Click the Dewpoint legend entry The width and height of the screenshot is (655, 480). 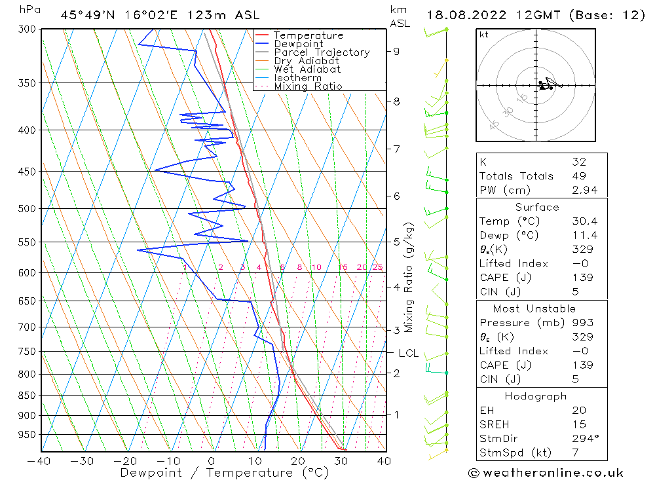pos(299,44)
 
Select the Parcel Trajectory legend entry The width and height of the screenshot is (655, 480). pos(322,52)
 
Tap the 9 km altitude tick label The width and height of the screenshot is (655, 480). pos(396,51)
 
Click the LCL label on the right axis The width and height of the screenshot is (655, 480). pos(408,354)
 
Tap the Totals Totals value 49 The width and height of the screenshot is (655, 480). pos(579,175)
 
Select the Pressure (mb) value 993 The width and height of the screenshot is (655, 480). pos(582,323)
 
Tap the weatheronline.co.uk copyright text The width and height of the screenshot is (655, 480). pos(546,473)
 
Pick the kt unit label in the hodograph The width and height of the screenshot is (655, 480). pos(484,35)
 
